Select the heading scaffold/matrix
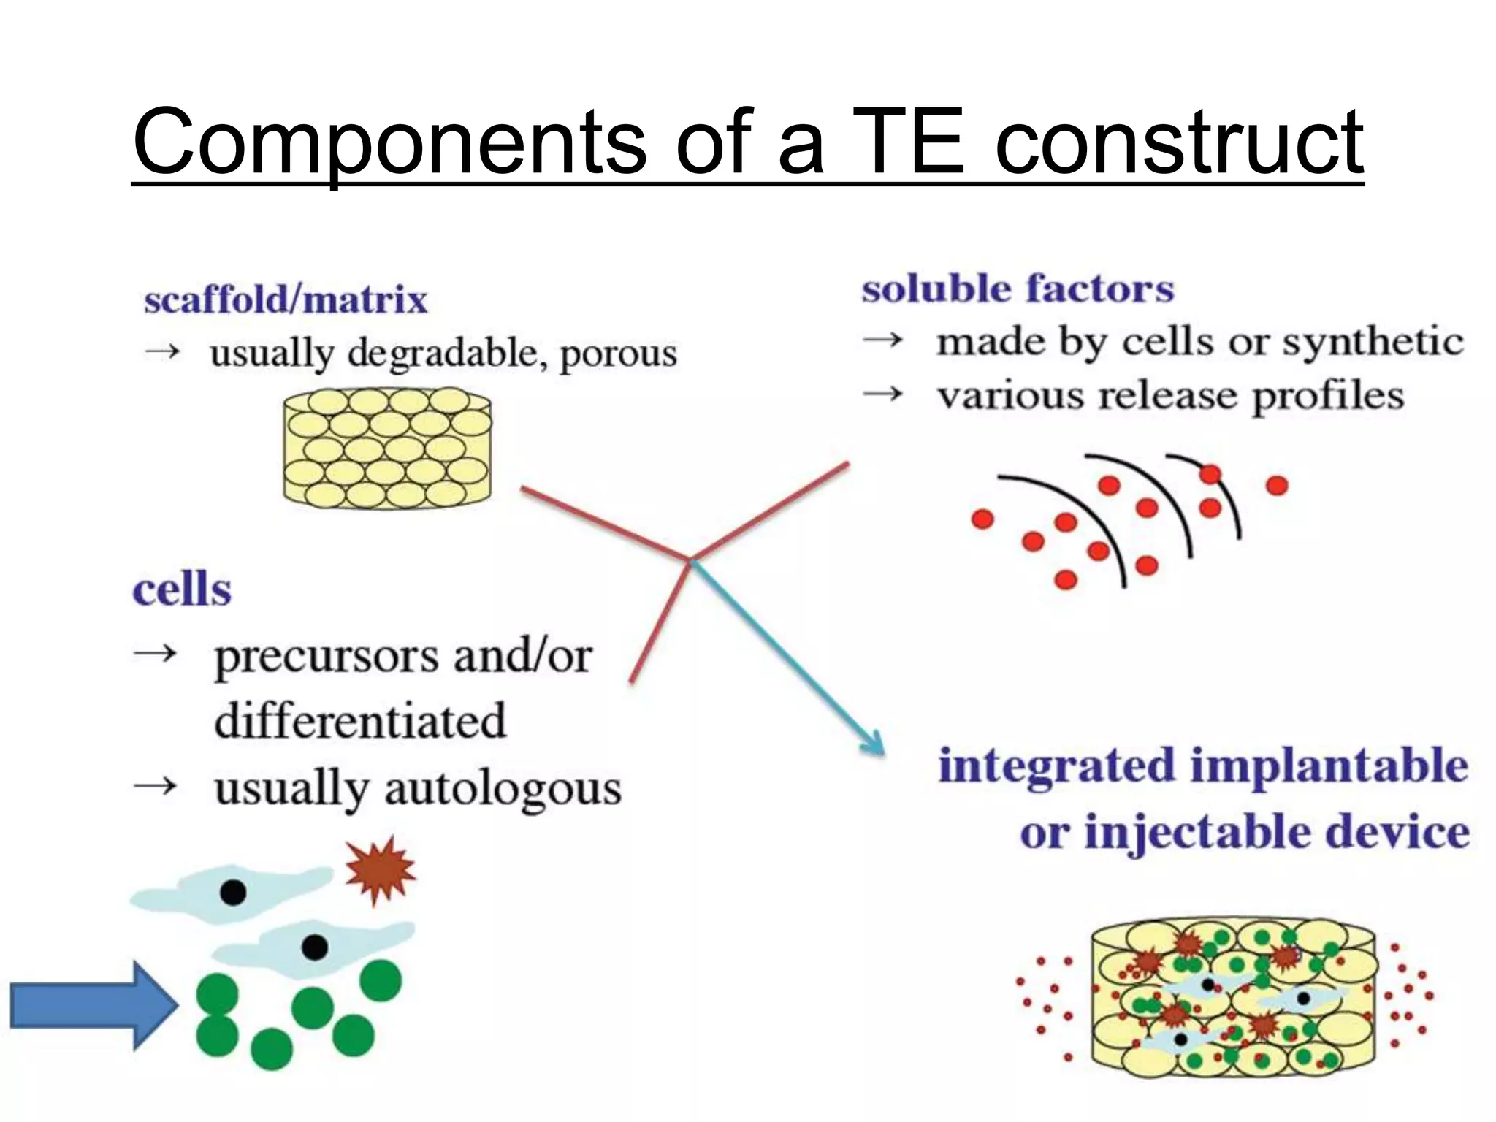pyautogui.click(x=285, y=300)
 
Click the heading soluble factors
pyautogui.click(x=1017, y=289)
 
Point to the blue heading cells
pyautogui.click(x=182, y=589)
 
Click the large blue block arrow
pyautogui.click(x=91, y=1006)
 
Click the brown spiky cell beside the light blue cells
pyautogui.click(x=380, y=869)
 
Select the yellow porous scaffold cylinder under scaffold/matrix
pyautogui.click(x=387, y=448)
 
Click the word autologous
pyautogui.click(x=503, y=789)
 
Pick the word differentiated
pyautogui.click(x=360, y=720)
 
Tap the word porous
pyautogui.click(x=618, y=354)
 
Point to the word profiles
pyautogui.click(x=1328, y=397)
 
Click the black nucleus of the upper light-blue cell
pyautogui.click(x=233, y=892)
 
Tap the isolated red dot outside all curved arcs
pyautogui.click(x=1276, y=485)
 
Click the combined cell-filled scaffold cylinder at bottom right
pyautogui.click(x=1232, y=997)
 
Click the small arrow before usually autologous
pyautogui.click(x=156, y=786)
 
